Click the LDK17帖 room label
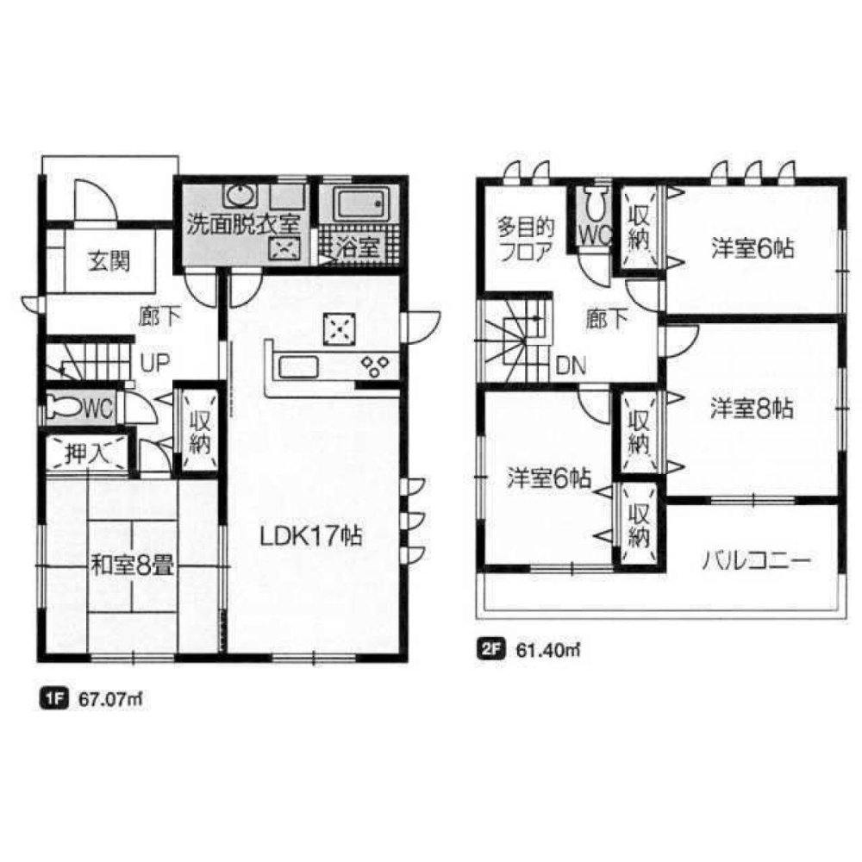point(311,535)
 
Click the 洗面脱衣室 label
point(245,222)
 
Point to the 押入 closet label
point(86,453)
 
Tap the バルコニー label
point(755,562)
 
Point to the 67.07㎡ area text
point(109,700)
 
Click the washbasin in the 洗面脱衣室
point(237,193)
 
